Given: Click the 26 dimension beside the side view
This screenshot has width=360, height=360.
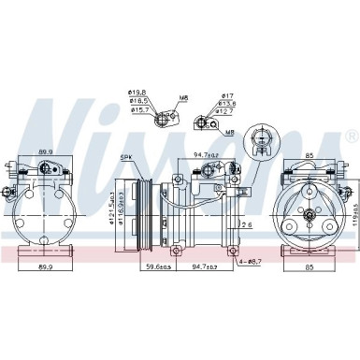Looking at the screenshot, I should click(x=246, y=223).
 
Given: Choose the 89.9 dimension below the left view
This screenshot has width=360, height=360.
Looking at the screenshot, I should click(x=43, y=266).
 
